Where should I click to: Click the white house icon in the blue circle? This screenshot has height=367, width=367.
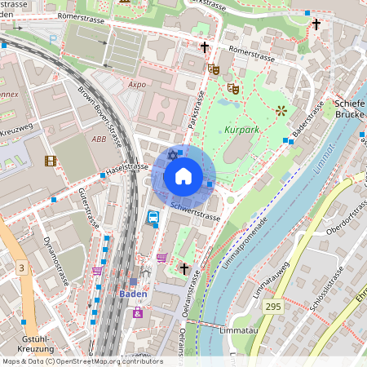(183, 176)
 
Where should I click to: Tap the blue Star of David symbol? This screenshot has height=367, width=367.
(172, 155)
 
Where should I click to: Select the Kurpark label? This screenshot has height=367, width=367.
(244, 130)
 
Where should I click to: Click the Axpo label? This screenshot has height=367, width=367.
(137, 83)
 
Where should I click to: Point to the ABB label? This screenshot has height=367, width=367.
(99, 139)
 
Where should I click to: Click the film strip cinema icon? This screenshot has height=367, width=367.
(51, 161)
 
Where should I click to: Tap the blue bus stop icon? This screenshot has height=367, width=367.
(153, 217)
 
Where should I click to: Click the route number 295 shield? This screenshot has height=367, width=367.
(274, 305)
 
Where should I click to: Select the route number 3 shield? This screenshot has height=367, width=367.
(21, 268)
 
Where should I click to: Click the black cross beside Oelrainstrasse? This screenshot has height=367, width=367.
(184, 268)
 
